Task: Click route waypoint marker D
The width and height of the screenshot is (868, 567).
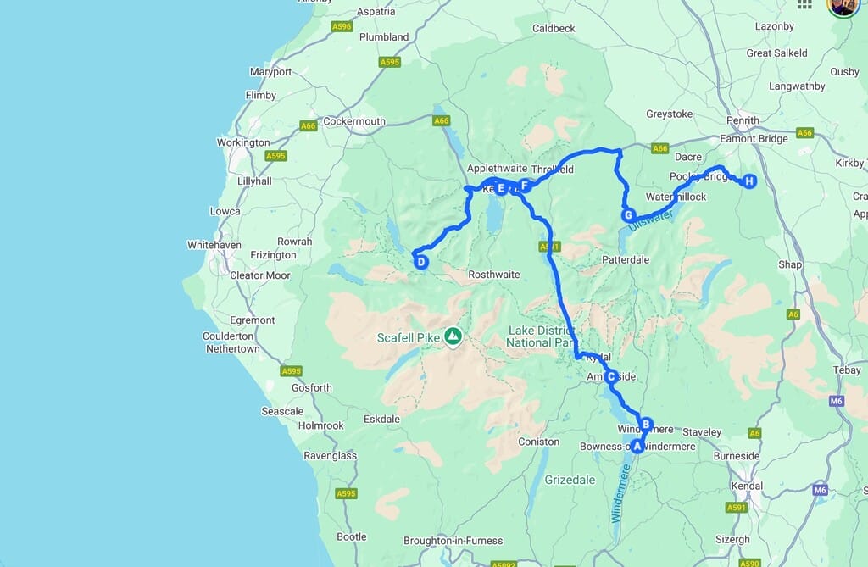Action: pyautogui.click(x=421, y=262)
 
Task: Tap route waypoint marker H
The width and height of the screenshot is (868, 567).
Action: pyautogui.click(x=749, y=181)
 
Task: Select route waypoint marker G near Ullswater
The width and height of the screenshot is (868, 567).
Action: pyautogui.click(x=628, y=215)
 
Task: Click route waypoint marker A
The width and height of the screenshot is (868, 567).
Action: pyautogui.click(x=637, y=447)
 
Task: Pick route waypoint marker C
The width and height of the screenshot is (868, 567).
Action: pyautogui.click(x=610, y=377)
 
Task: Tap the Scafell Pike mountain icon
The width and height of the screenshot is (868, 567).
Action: pyautogui.click(x=453, y=337)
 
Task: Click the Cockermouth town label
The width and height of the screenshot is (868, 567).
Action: pyautogui.click(x=354, y=121)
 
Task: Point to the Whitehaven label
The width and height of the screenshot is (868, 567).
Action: pyautogui.click(x=214, y=245)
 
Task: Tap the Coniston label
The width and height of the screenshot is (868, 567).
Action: pyautogui.click(x=539, y=442)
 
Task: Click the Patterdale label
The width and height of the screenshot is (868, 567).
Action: pyautogui.click(x=626, y=259)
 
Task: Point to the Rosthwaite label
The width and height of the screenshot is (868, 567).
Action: pyautogui.click(x=492, y=275)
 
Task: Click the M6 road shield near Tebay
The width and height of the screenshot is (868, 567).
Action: pyautogui.click(x=837, y=400)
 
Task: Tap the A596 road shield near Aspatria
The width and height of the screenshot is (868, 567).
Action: pyautogui.click(x=342, y=27)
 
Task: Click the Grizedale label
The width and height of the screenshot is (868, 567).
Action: pyautogui.click(x=570, y=479)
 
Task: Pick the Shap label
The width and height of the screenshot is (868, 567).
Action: pyautogui.click(x=789, y=264)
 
